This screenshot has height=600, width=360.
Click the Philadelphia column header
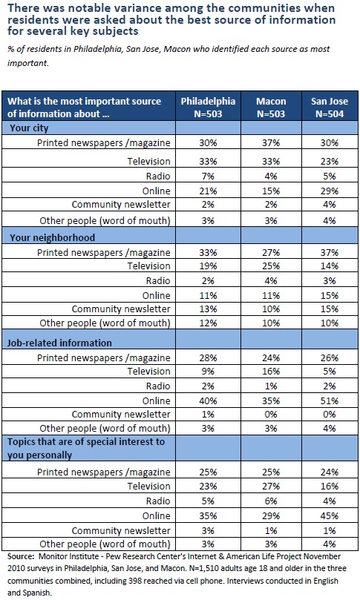click(x=208, y=107)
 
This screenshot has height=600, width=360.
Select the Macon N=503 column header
click(x=271, y=107)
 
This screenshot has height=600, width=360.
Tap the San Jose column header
click(x=330, y=107)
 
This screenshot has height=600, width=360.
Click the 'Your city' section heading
click(x=29, y=128)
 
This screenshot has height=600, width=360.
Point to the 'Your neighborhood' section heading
click(x=52, y=237)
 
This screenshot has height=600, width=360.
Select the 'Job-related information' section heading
click(x=59, y=343)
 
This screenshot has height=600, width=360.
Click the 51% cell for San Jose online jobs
click(x=330, y=400)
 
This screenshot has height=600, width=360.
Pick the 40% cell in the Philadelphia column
click(x=208, y=400)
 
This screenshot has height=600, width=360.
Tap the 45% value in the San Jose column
click(x=330, y=515)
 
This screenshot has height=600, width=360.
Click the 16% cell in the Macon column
click(x=271, y=371)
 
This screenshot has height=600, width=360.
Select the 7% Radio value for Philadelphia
click(x=208, y=176)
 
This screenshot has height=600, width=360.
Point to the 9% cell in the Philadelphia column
click(x=208, y=371)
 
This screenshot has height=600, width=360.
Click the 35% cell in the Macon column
click(x=271, y=400)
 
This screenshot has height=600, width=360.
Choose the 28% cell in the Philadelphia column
click(x=208, y=357)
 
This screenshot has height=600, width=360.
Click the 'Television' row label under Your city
click(x=148, y=161)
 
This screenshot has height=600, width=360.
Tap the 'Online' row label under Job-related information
click(x=157, y=400)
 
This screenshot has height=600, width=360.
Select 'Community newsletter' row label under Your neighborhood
click(x=121, y=309)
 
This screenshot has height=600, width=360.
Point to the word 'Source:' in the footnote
click(x=22, y=556)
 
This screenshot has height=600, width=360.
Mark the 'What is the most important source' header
click(x=85, y=102)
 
